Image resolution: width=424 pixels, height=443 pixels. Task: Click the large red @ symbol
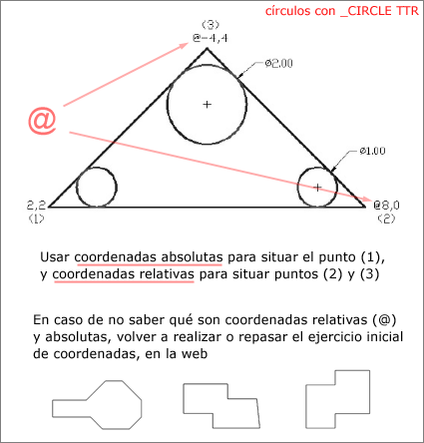[42, 121]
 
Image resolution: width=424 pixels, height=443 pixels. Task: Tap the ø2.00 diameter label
[278, 63]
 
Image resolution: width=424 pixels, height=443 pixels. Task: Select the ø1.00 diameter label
[372, 151]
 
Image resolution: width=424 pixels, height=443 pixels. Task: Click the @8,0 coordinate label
[386, 206]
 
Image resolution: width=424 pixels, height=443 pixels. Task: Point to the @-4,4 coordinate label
[211, 38]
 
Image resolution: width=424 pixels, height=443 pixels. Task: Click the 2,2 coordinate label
[36, 206]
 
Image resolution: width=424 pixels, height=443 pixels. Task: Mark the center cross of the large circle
[208, 105]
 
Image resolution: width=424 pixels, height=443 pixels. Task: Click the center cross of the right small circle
[317, 188]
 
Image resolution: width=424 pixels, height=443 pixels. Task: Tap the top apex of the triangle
[207, 48]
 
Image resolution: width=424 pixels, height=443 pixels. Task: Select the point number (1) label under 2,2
[36, 219]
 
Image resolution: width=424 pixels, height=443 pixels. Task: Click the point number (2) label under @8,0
[386, 219]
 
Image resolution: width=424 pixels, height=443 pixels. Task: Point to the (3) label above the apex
[211, 25]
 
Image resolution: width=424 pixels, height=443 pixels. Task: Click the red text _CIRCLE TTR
[379, 11]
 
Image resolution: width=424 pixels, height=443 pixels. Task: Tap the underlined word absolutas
[192, 257]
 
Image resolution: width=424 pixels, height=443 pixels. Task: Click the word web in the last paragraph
[195, 353]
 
